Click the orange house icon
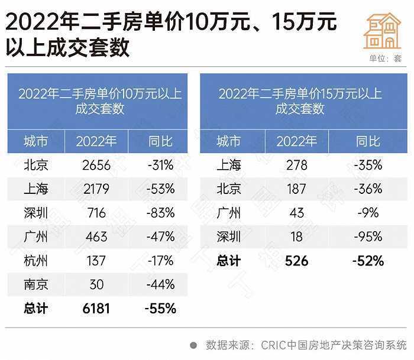[x=383, y=30]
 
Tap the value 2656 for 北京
[x=96, y=166]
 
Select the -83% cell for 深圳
[x=161, y=213]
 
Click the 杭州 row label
[x=36, y=261]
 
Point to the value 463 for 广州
[x=96, y=237]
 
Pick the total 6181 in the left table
[x=96, y=309]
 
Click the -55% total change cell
[x=161, y=309]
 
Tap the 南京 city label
[x=36, y=284]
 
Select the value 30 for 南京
[x=96, y=284]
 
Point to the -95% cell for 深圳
[x=368, y=237]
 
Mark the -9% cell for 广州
[x=368, y=213]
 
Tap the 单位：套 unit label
[x=385, y=59]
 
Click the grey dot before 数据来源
[x=193, y=345]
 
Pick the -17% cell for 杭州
[x=161, y=261]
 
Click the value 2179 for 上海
[x=96, y=189]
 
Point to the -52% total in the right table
[x=368, y=261]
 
